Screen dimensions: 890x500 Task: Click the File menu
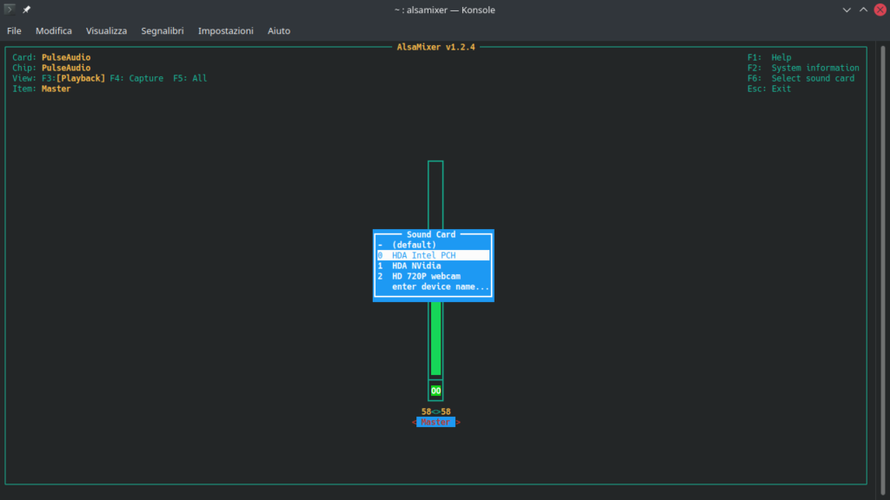(x=14, y=30)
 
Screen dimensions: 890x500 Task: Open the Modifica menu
(x=54, y=30)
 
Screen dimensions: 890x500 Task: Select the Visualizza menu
(x=106, y=30)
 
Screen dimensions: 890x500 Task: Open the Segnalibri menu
(x=163, y=30)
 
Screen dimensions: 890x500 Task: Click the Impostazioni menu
(x=225, y=30)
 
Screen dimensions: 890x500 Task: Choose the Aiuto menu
(x=279, y=30)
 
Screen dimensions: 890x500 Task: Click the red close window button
(x=880, y=10)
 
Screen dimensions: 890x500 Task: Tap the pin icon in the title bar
(x=26, y=10)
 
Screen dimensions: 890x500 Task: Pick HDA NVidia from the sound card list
(x=416, y=266)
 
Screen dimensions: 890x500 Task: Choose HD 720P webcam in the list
(x=426, y=276)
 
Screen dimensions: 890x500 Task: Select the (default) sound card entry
(x=414, y=245)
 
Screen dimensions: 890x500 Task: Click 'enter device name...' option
(x=441, y=286)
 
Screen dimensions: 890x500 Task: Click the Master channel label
(x=435, y=423)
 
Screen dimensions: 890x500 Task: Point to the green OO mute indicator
(x=435, y=391)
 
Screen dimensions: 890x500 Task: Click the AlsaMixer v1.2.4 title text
(x=435, y=47)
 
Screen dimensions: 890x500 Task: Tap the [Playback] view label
(x=81, y=78)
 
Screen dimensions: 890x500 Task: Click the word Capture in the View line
(x=146, y=78)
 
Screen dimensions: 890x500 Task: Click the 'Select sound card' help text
(x=813, y=78)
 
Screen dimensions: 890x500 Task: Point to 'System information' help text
(x=815, y=68)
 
